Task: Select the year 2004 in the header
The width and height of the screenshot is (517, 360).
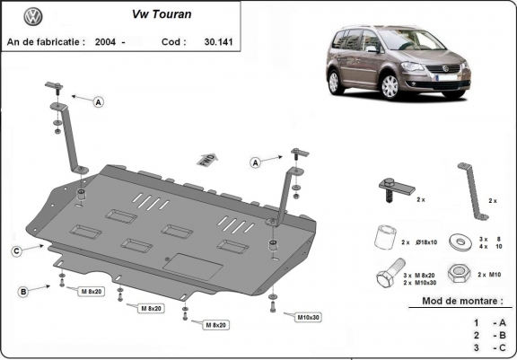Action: [107, 41]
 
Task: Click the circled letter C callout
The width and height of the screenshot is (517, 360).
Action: [16, 250]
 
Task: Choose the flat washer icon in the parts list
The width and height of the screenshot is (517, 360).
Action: [464, 240]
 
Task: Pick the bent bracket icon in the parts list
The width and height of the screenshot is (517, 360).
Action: [470, 191]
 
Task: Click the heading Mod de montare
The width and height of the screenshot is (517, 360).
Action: [463, 302]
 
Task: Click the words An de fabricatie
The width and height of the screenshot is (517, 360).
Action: [46, 41]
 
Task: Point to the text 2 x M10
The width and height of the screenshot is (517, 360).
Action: [493, 274]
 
